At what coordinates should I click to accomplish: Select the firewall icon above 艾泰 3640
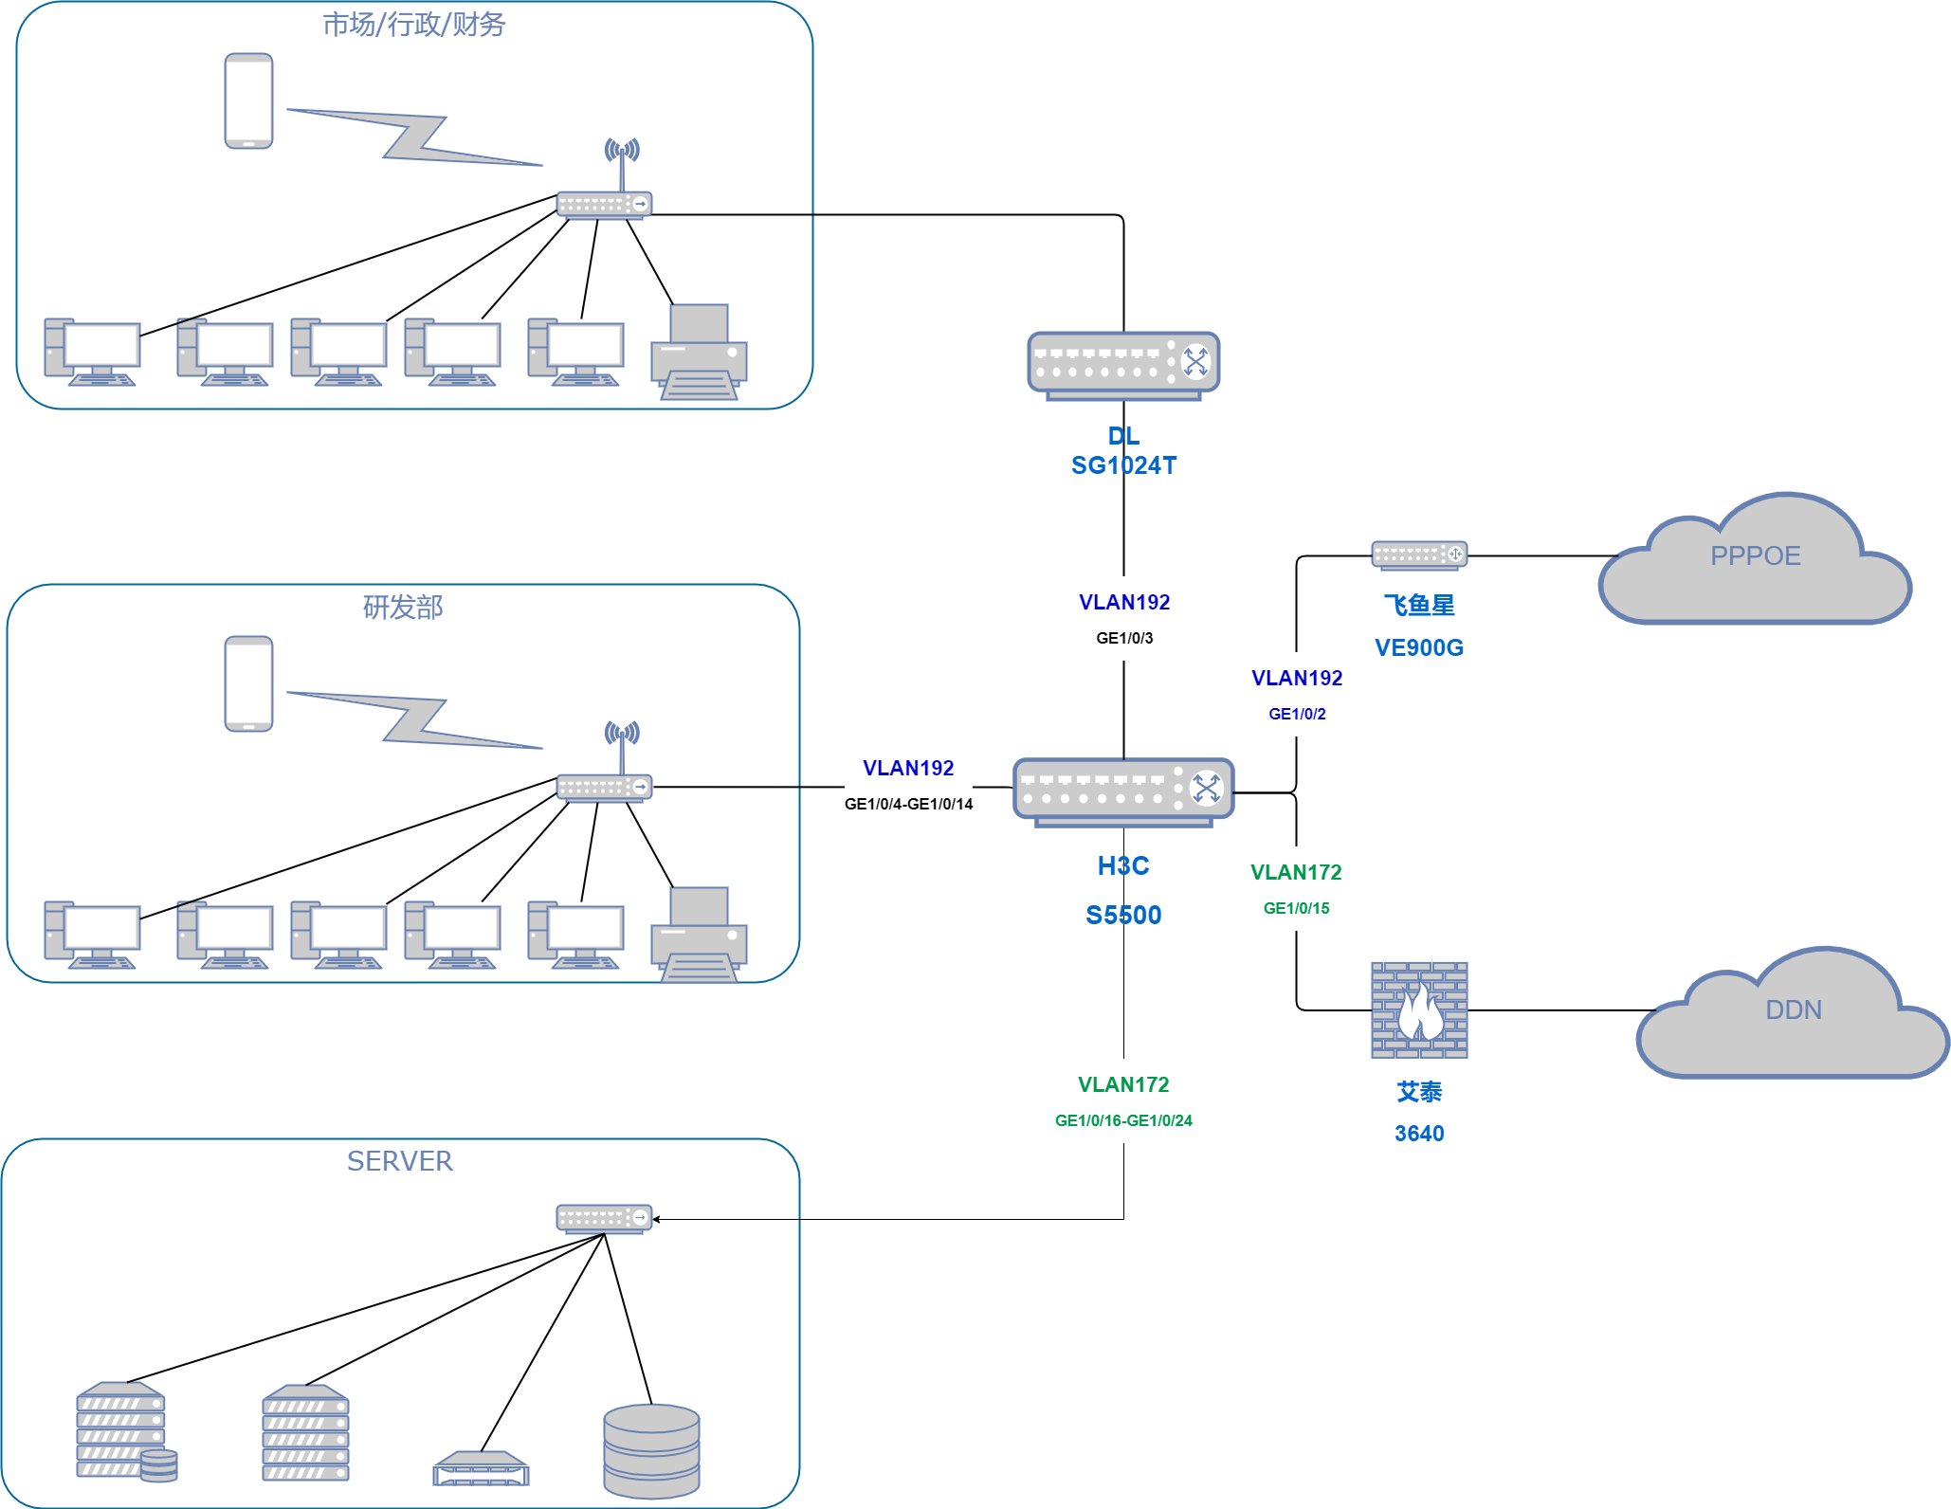(x=1419, y=1010)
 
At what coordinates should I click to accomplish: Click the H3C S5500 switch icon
(x=1123, y=791)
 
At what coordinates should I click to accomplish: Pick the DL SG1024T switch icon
(x=1123, y=364)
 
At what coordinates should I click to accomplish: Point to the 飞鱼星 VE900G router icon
(x=1419, y=555)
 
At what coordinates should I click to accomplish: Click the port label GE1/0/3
(x=1124, y=638)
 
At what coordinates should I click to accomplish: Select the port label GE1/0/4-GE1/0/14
(x=908, y=804)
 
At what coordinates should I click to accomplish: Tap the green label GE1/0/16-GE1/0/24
(x=1123, y=1120)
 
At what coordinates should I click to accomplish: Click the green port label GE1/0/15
(x=1296, y=908)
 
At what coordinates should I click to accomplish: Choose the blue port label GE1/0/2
(x=1297, y=714)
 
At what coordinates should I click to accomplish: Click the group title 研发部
(x=403, y=608)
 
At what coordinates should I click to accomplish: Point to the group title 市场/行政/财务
(x=413, y=25)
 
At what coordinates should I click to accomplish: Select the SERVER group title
(x=399, y=1161)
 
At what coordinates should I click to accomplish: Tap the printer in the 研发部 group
(x=699, y=935)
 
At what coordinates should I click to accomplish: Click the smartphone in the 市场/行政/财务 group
(x=248, y=100)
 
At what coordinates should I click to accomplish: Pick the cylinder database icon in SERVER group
(x=651, y=1450)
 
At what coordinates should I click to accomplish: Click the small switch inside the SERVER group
(x=604, y=1218)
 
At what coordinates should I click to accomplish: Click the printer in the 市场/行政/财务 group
(x=699, y=352)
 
